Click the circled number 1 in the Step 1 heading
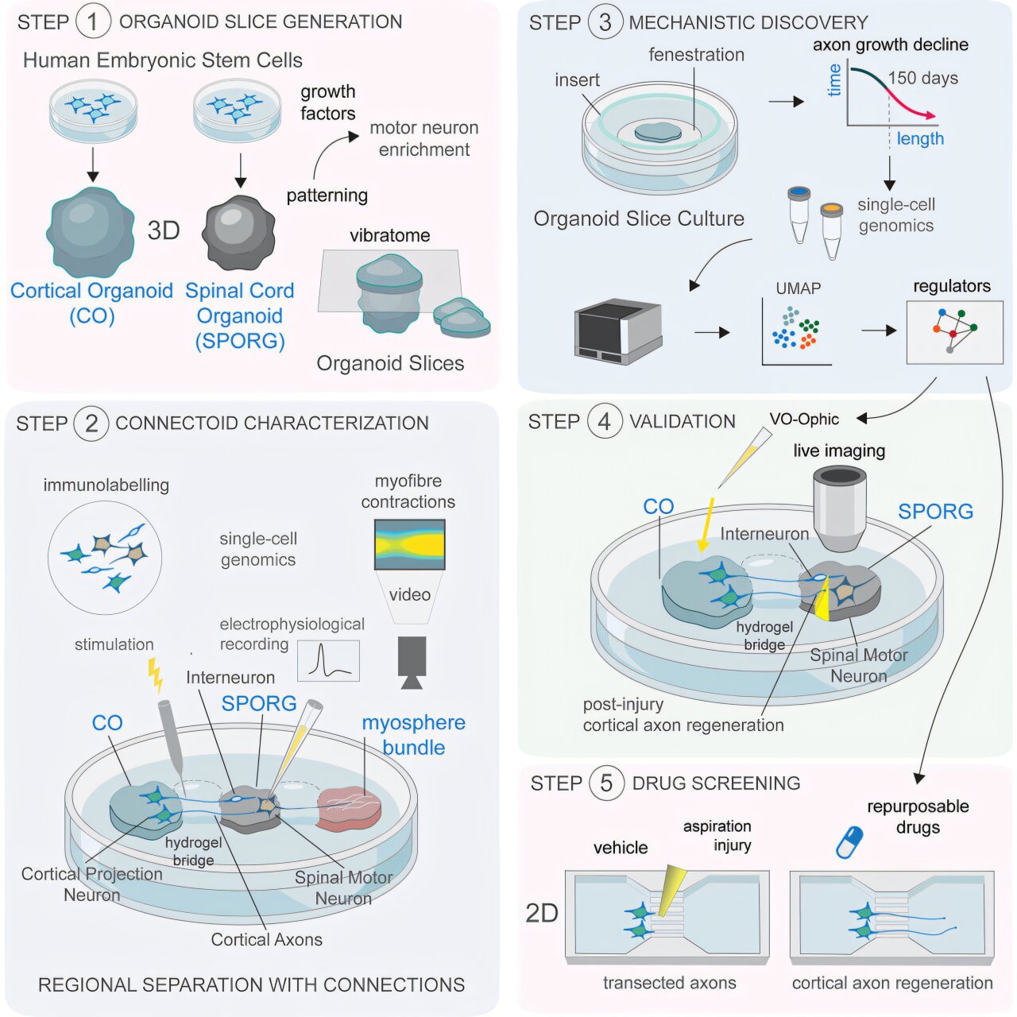click(x=93, y=21)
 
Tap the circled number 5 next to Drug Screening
click(x=606, y=783)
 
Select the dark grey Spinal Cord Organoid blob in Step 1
click(x=238, y=232)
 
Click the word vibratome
click(x=390, y=235)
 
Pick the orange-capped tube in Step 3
click(x=832, y=230)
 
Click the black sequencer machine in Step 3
click(x=618, y=331)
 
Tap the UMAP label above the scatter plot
click(x=798, y=288)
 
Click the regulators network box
click(x=954, y=332)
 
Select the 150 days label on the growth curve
click(x=923, y=78)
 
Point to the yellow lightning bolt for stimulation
click(x=155, y=675)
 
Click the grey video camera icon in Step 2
click(x=412, y=662)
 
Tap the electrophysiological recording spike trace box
click(x=328, y=661)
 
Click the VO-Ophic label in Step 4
click(x=804, y=419)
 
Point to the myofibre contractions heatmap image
click(x=409, y=544)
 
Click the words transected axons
click(x=669, y=983)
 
